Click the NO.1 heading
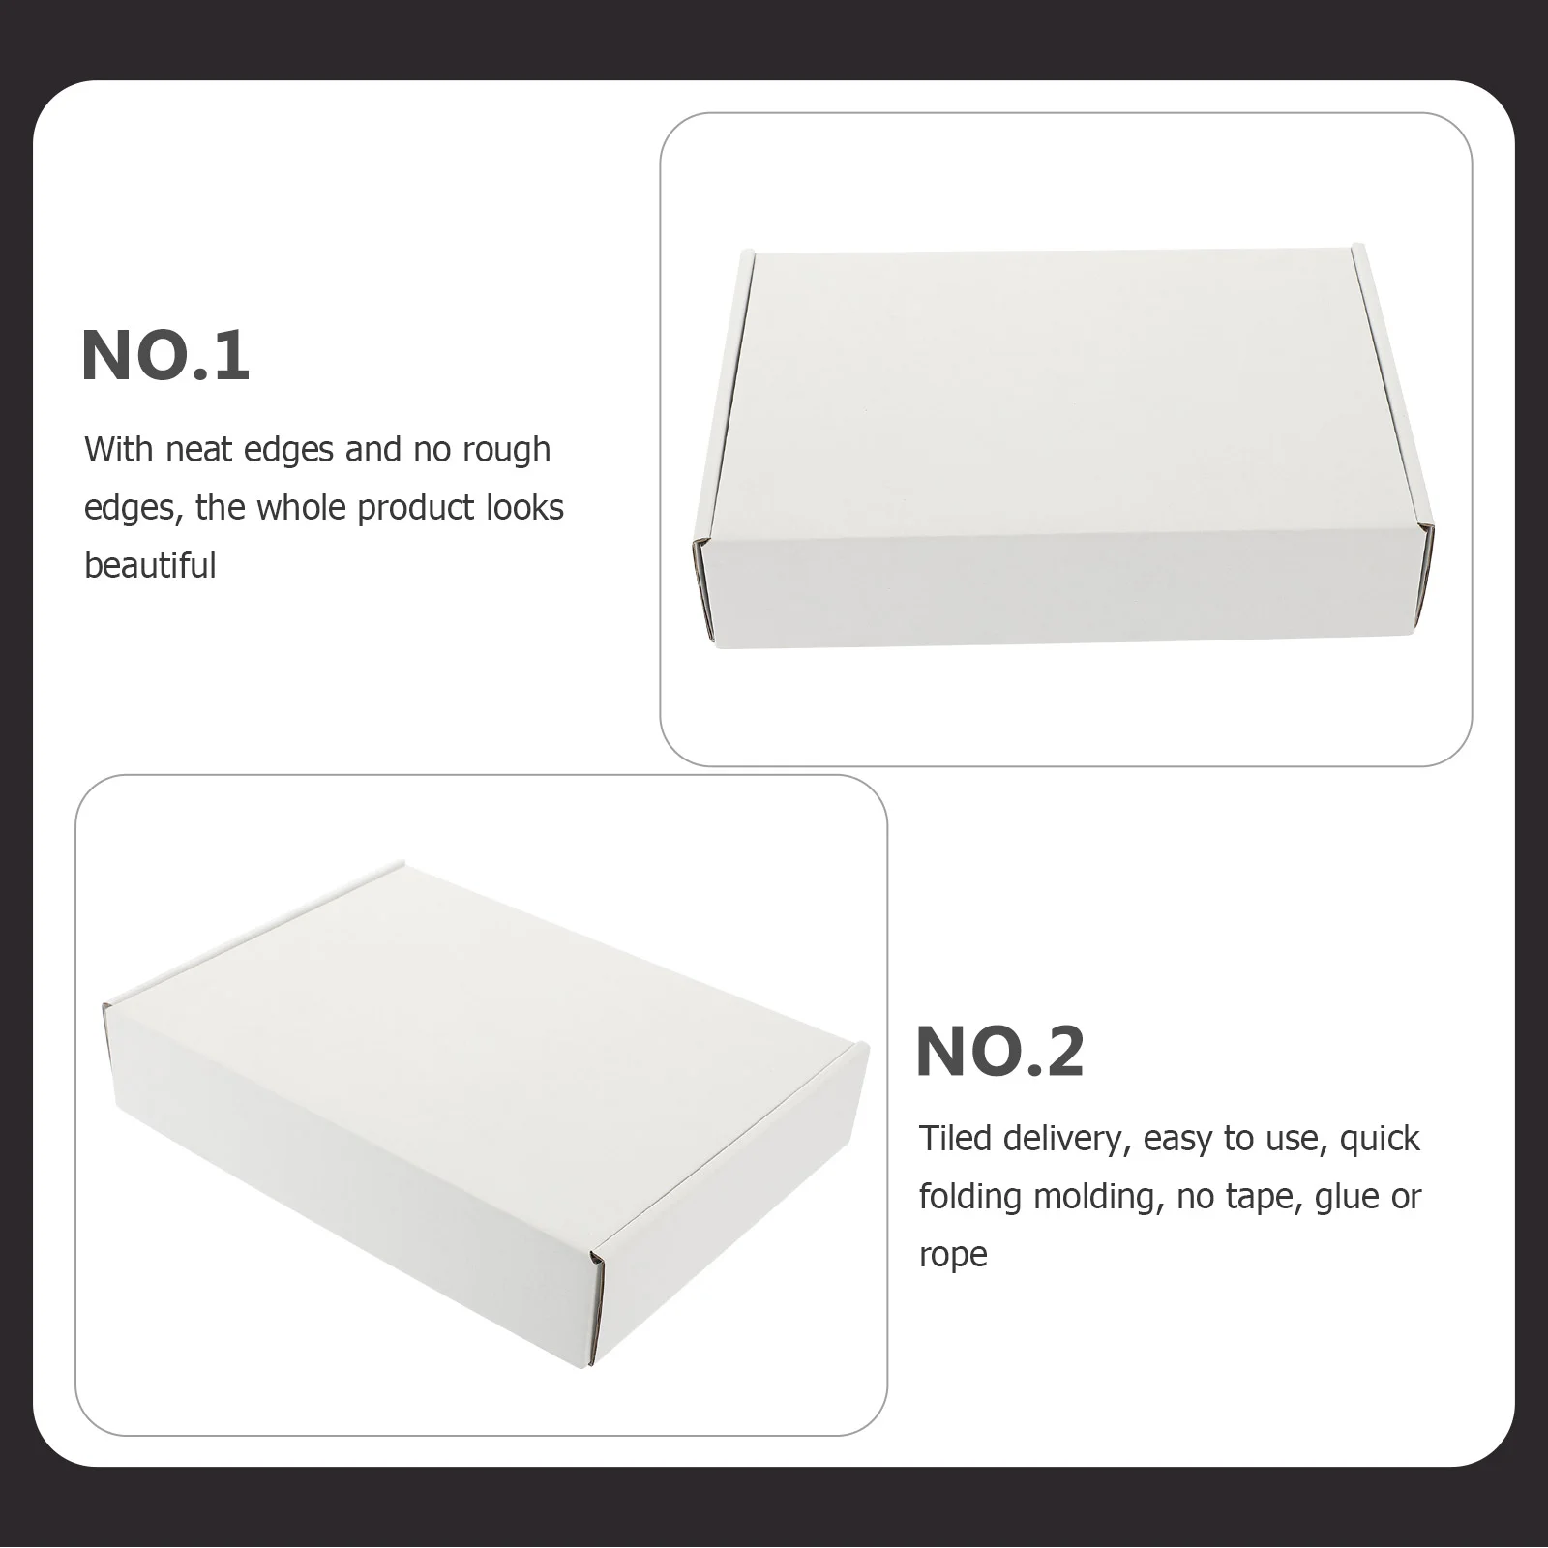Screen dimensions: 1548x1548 pos(165,357)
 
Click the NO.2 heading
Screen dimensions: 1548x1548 pos(999,1052)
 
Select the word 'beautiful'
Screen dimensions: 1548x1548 pos(150,565)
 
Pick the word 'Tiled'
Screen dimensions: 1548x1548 pos(955,1139)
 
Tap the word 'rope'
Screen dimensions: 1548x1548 pos(953,1255)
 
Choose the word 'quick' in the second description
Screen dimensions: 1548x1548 pos(1380,1139)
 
